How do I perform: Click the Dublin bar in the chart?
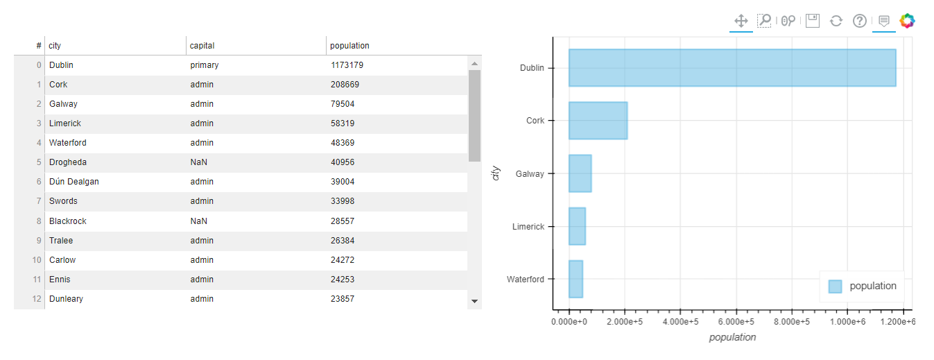coord(732,68)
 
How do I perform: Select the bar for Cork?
coord(598,121)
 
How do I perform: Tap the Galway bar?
coord(580,173)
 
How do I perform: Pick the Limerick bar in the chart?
coord(577,226)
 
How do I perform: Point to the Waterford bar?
coord(576,279)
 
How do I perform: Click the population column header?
coord(349,46)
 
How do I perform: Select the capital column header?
coord(202,46)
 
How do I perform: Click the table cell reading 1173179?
coord(347,65)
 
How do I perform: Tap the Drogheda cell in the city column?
coord(68,162)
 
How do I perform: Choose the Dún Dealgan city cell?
coord(73,182)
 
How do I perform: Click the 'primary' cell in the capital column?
coord(205,65)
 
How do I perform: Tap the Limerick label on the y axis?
coord(528,227)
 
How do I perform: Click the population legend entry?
coord(863,286)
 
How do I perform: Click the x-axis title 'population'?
coord(732,338)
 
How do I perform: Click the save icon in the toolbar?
coord(813,21)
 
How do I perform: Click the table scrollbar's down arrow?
coord(475,301)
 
